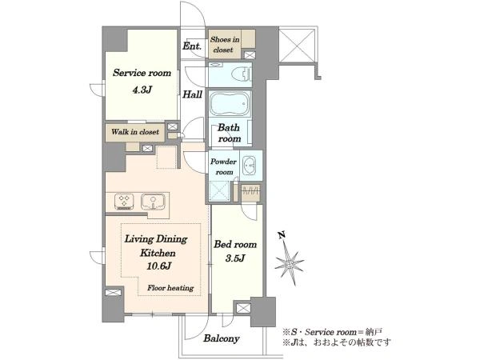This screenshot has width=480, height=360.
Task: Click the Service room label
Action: (142, 73)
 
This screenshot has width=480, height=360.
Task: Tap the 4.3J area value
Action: (142, 90)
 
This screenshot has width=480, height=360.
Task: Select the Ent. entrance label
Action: (192, 46)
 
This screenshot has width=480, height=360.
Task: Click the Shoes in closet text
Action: (224, 44)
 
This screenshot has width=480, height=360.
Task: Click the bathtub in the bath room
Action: (230, 104)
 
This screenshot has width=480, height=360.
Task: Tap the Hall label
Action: (192, 94)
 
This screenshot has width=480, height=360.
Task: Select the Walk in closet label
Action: (135, 132)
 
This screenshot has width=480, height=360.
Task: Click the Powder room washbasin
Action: (250, 166)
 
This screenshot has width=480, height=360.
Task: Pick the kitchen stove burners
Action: (125, 202)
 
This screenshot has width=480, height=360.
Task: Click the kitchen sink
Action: (154, 202)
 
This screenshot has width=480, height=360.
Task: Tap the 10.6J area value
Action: (158, 266)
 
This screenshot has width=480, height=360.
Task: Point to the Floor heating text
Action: (170, 288)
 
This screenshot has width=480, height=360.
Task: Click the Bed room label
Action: (235, 244)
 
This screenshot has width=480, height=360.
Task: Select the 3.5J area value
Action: (234, 258)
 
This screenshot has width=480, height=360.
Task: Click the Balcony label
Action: (222, 338)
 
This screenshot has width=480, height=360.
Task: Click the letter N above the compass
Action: (282, 235)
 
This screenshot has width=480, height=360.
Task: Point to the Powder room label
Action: (224, 167)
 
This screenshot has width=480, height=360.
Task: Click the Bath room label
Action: (229, 133)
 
